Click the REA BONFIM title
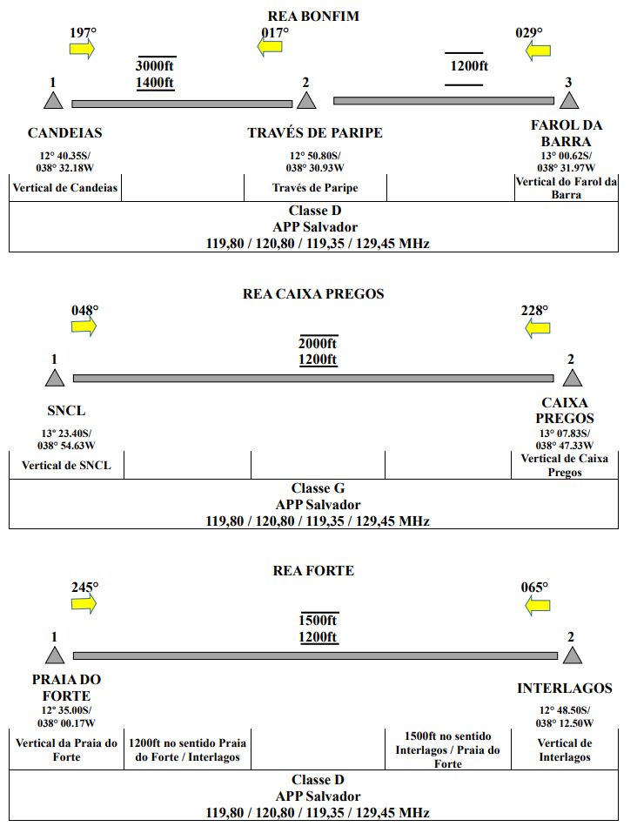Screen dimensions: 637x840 click(313, 16)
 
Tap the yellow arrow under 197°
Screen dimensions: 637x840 click(82, 50)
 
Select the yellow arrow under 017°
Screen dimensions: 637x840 click(270, 47)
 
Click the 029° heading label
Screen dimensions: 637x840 click(529, 33)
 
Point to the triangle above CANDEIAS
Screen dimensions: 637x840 click(53, 101)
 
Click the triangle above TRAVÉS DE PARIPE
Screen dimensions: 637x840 click(306, 101)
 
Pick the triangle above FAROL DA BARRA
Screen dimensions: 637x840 click(569, 101)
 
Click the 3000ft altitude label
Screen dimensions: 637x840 click(155, 66)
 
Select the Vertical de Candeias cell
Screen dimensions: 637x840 click(64, 187)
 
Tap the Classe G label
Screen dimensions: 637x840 click(318, 488)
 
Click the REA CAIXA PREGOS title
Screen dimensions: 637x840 click(313, 293)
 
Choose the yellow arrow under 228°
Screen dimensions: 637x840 click(537, 328)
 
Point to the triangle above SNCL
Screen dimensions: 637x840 click(55, 378)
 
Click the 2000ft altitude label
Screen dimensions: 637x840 click(318, 343)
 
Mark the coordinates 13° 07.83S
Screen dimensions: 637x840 click(565, 433)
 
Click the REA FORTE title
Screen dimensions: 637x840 click(313, 570)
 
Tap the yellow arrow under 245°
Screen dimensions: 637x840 click(84, 604)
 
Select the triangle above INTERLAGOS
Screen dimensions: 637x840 click(573, 655)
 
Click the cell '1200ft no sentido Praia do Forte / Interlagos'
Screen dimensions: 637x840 click(187, 749)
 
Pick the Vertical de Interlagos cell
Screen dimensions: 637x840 click(565, 749)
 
